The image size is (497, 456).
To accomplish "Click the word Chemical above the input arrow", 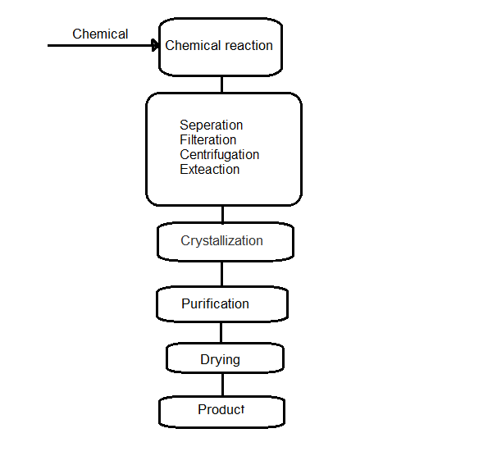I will coord(100,34).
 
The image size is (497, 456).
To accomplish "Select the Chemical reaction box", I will coord(220,46).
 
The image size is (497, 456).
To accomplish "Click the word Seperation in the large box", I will coord(211,125).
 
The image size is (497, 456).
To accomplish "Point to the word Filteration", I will coord(207,140).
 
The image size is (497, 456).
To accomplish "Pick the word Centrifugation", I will coord(219,155).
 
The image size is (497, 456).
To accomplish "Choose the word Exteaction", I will coord(209,170).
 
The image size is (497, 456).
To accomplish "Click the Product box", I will coord(221,410).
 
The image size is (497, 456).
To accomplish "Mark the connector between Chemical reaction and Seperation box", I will coord(221,84).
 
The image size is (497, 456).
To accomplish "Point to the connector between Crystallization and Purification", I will coord(221,273).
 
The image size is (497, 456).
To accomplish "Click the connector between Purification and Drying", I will coord(221,333).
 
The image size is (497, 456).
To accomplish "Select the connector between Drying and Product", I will coord(221,385).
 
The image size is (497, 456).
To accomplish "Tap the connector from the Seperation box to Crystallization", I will coord(221,214).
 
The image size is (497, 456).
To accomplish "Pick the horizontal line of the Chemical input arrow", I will coord(98,46).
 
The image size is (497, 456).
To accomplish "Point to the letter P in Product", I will coord(202,410).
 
